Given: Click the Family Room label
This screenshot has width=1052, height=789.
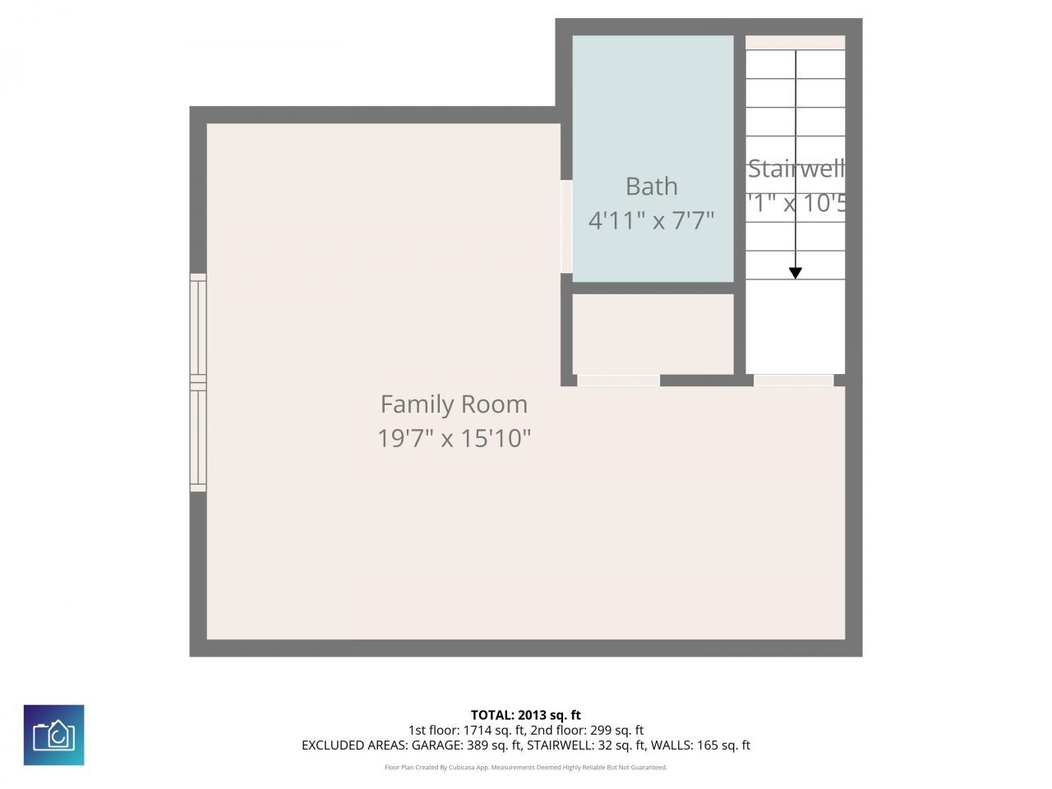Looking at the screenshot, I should [454, 404].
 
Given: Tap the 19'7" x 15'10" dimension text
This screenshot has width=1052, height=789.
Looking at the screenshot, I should [454, 438].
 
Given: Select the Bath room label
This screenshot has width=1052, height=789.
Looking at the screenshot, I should [651, 187].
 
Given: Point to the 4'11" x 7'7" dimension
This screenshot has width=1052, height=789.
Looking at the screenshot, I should [651, 220].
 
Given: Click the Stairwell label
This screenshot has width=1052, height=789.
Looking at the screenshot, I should [795, 169].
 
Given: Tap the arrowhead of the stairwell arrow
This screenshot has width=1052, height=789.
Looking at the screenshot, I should [796, 273].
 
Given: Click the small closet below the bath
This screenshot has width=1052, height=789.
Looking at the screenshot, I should [653, 334].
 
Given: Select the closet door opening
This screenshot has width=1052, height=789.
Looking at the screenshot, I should [618, 381].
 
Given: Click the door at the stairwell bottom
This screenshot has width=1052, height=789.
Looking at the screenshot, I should [794, 381].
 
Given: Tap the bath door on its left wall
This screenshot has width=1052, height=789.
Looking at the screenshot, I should [566, 226].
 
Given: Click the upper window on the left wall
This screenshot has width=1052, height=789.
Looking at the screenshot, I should [198, 326].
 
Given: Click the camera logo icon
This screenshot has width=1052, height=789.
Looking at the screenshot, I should [53, 735].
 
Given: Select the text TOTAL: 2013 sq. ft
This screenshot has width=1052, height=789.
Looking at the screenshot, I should [526, 715].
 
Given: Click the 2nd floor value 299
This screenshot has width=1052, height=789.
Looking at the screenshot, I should [601, 730].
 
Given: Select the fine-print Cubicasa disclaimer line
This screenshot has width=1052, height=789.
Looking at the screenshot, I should [526, 768].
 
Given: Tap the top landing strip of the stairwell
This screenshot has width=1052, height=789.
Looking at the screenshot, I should [795, 43].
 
